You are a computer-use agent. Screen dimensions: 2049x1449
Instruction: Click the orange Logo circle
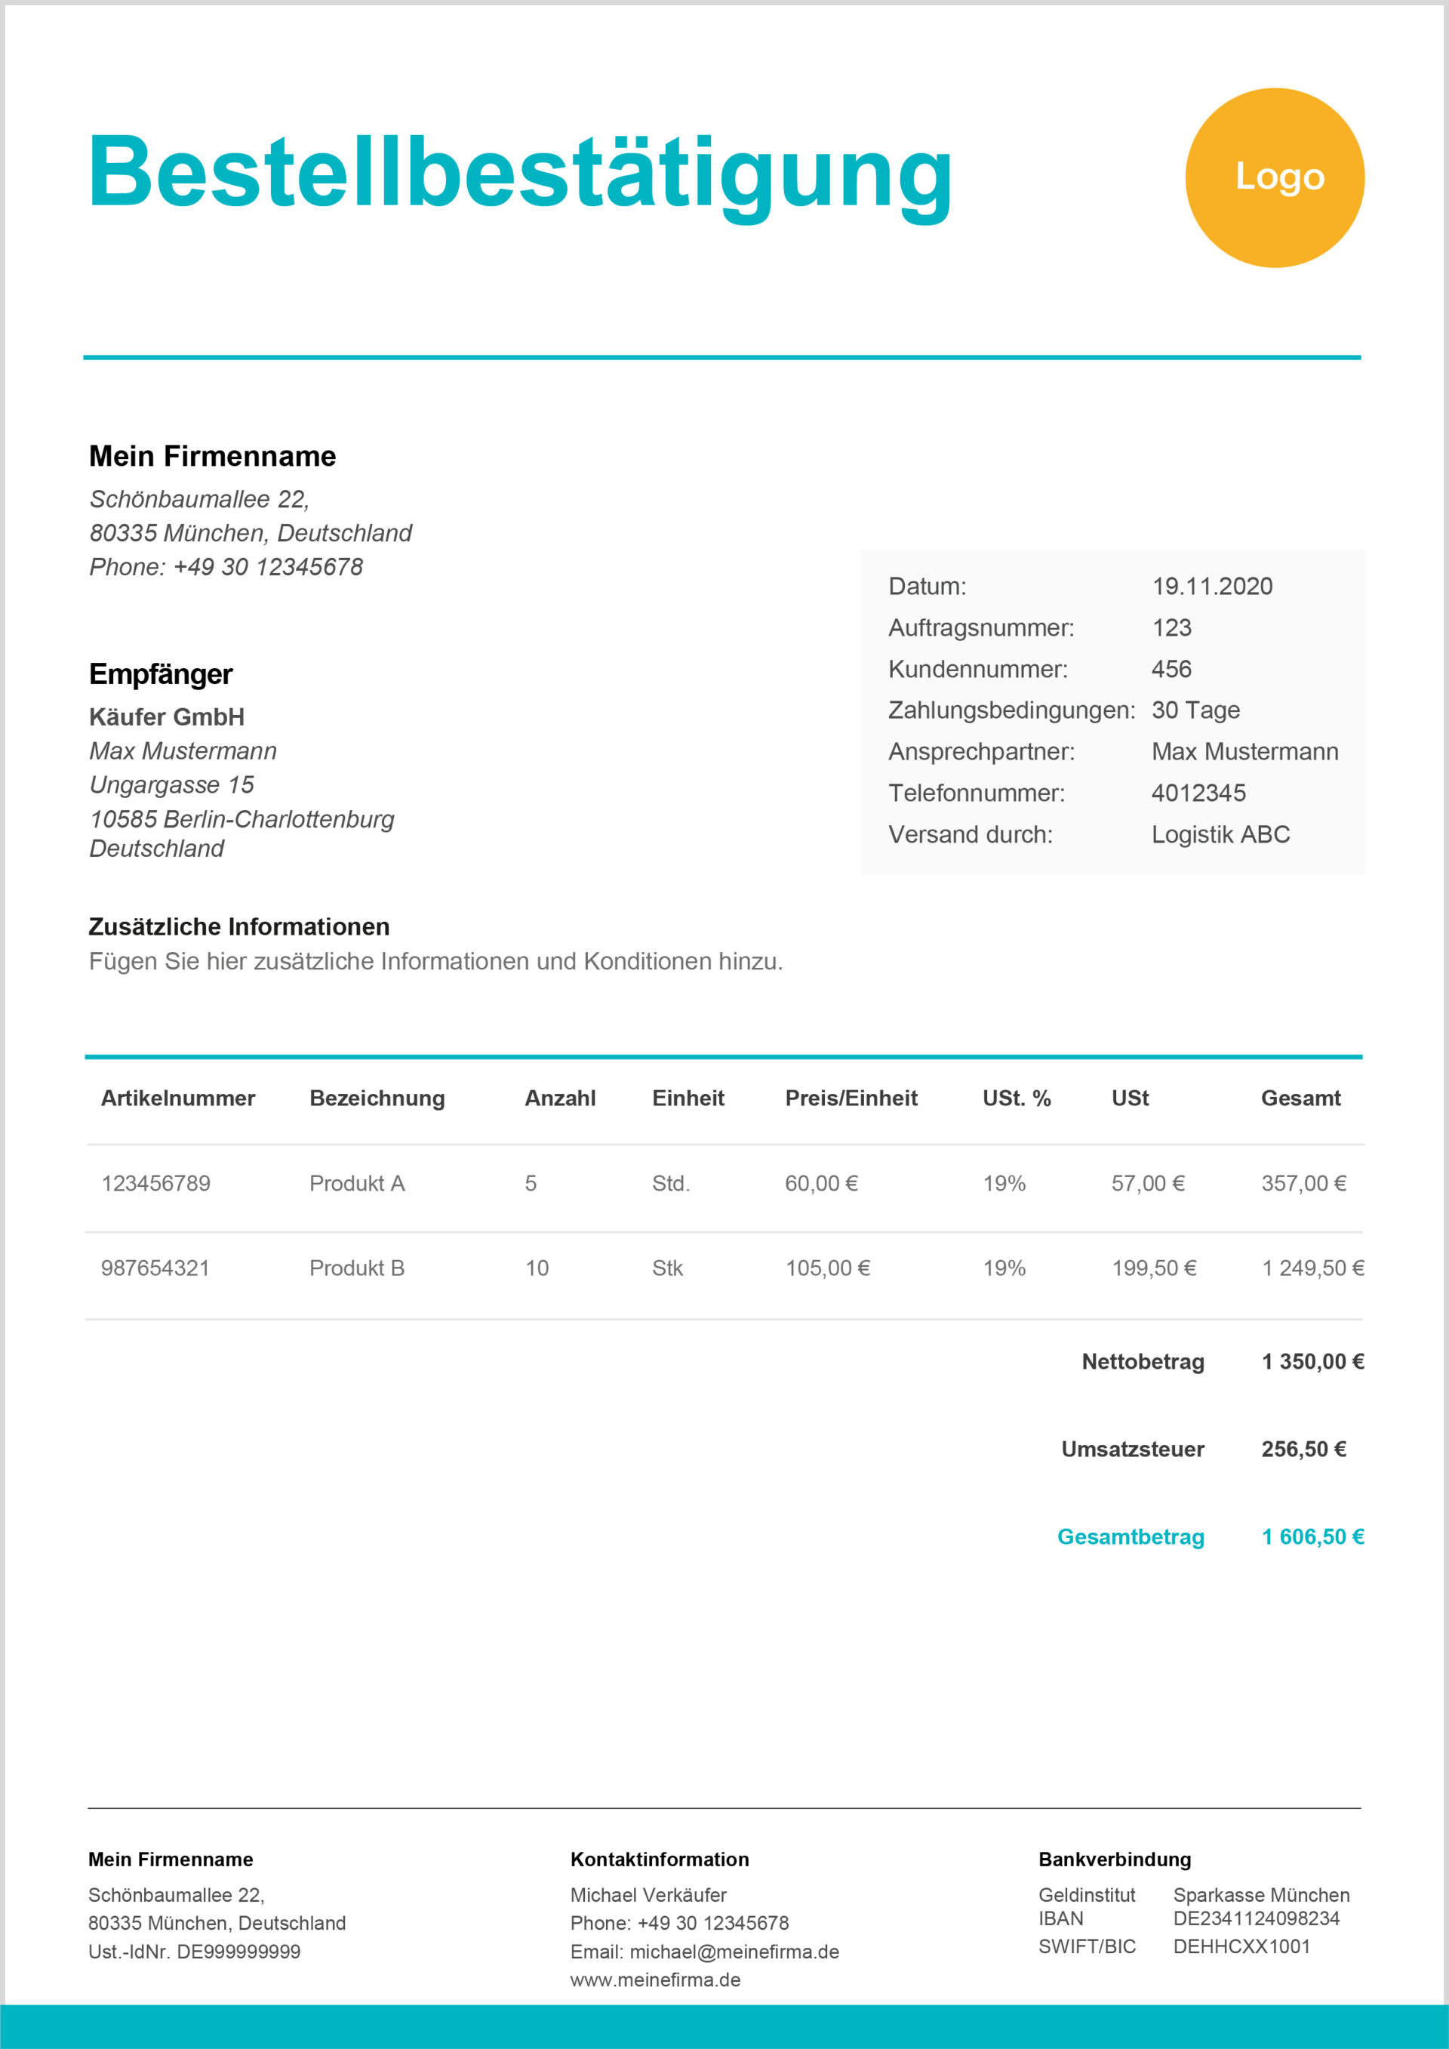pos(1274,177)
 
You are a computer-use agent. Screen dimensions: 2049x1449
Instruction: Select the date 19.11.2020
pos(1212,587)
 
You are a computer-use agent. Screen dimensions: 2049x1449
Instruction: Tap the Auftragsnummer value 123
pos(1171,627)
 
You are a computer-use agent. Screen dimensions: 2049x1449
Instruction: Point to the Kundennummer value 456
pos(1171,668)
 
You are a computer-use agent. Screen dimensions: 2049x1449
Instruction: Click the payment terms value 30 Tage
pos(1195,710)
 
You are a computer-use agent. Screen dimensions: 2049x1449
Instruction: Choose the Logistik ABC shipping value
pos(1220,834)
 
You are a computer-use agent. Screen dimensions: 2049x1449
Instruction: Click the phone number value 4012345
pos(1198,793)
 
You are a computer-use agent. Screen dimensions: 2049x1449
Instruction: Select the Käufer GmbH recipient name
pos(167,716)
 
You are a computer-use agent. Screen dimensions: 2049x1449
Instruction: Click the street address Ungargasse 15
pos(171,784)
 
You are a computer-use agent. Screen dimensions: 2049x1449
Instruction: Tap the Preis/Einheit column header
pos(851,1098)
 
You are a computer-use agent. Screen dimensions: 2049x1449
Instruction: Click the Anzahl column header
pos(560,1098)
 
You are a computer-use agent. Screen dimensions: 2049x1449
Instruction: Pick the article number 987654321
pos(155,1268)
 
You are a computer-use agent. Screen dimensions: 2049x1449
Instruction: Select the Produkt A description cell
pos(357,1183)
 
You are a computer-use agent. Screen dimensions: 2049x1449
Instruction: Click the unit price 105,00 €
pos(827,1268)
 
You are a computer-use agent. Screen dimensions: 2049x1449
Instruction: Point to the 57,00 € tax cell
pos(1147,1183)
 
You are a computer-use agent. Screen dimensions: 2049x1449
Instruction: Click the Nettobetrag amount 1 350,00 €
pos(1312,1361)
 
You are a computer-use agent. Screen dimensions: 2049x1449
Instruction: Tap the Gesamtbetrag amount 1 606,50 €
pos(1312,1537)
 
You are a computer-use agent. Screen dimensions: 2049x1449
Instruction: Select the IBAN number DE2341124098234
pos(1257,1918)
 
